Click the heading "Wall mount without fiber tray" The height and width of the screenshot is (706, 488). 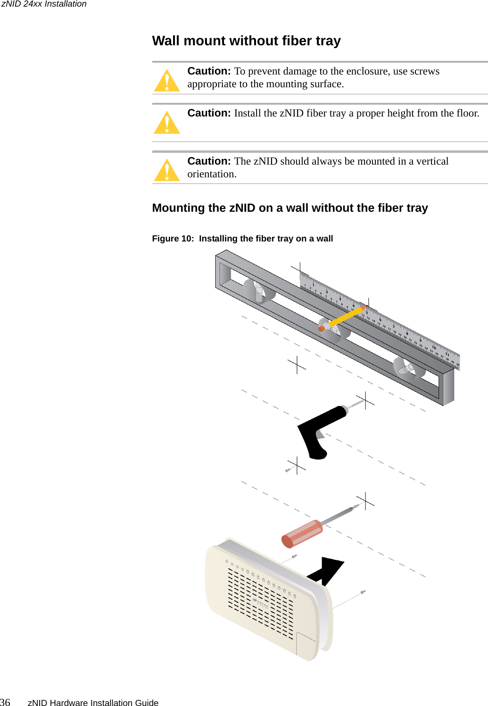coord(246,41)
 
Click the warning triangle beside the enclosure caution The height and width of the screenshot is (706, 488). coord(167,81)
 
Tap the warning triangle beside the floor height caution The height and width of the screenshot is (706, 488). coord(167,123)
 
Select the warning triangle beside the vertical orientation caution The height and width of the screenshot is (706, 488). coord(167,170)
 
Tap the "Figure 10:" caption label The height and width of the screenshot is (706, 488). coord(173,239)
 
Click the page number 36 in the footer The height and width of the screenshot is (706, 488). coord(5,702)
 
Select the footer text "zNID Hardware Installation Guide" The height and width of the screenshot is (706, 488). coord(93,703)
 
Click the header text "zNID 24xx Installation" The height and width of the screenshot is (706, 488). coord(44,4)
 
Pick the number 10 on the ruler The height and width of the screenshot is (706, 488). coord(434,348)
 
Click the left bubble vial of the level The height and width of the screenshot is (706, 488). coord(259,292)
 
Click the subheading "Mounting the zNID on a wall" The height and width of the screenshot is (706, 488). coord(289,208)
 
